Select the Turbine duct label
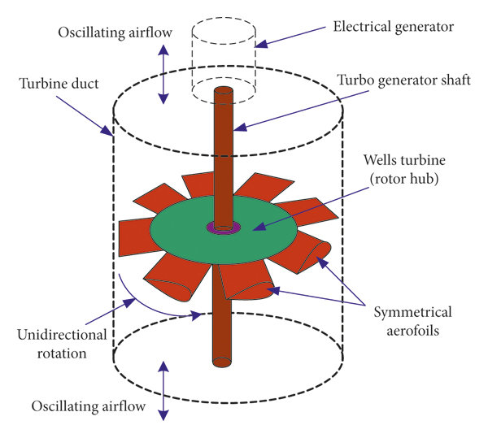55,85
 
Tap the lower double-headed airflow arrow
163,390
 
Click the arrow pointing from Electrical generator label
293,38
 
